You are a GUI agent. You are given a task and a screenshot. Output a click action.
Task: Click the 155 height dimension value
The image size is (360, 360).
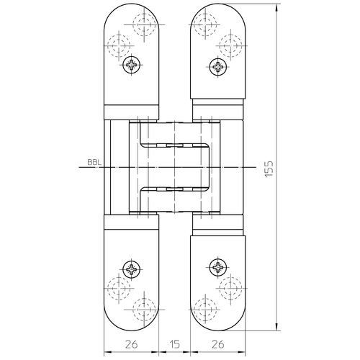click(269, 168)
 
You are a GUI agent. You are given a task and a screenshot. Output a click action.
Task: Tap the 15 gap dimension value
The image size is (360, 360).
click(174, 344)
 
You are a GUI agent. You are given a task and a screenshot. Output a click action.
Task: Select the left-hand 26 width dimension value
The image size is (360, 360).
click(132, 344)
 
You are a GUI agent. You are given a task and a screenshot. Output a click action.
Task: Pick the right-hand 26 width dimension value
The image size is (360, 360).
click(218, 344)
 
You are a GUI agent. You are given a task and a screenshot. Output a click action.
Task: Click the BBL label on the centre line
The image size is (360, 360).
click(94, 162)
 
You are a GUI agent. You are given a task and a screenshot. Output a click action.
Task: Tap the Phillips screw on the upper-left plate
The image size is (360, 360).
click(131, 65)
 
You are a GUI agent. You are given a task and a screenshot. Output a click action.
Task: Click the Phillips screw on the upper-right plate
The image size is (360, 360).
click(218, 66)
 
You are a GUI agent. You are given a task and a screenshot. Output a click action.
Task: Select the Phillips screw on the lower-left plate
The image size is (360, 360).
click(131, 269)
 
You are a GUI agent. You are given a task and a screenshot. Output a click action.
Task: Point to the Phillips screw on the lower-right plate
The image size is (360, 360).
click(218, 267)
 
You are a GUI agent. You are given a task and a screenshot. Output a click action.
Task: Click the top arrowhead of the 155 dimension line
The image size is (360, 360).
click(276, 8)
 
